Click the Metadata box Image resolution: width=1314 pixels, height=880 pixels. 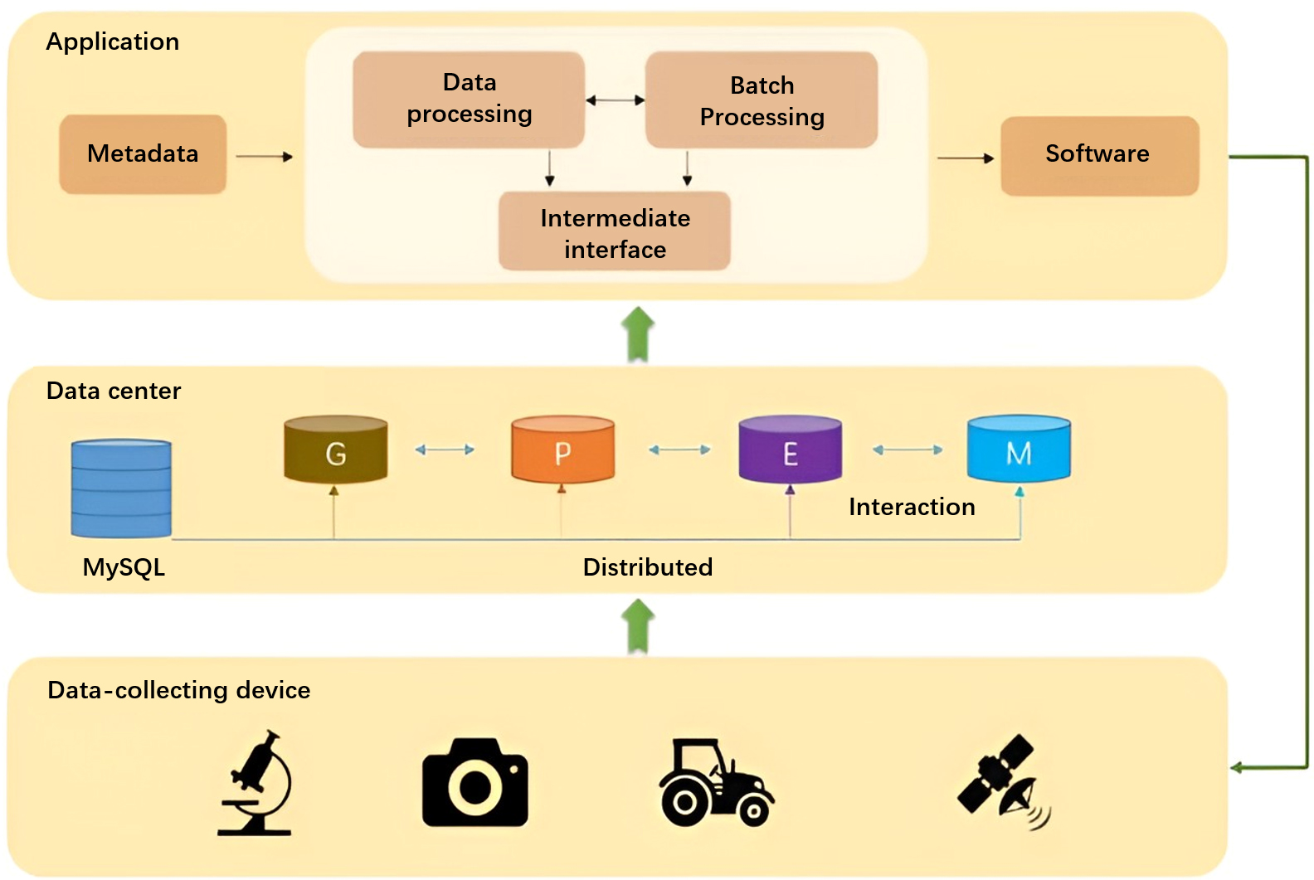coord(143,154)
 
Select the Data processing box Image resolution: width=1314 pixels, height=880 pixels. coord(469,100)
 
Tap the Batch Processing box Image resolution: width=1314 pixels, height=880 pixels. coord(762,100)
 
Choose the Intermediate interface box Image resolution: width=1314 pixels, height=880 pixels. coord(615,232)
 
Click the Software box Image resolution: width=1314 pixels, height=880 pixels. coord(1099,155)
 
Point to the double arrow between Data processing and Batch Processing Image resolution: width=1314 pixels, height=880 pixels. coord(615,100)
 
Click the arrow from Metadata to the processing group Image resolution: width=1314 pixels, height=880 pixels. coord(264,156)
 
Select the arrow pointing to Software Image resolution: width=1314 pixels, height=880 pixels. coord(965,158)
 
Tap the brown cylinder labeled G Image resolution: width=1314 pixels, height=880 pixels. coord(335,450)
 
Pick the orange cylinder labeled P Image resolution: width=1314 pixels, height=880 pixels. coord(562,450)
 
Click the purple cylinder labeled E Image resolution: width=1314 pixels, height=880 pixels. coord(790,450)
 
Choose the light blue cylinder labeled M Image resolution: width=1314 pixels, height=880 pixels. coord(1019,450)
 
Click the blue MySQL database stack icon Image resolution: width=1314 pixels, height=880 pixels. coord(121,489)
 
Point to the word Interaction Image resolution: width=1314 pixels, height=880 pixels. coord(911,507)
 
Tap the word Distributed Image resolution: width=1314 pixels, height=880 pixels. coord(647,567)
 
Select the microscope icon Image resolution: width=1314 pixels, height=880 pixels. coord(257,783)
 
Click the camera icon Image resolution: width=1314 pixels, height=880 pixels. coord(474,783)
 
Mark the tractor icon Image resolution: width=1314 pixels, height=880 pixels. coord(715,783)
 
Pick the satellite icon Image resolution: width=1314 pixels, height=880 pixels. coord(1002,781)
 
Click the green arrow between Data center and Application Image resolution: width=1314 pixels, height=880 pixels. coord(637,334)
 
